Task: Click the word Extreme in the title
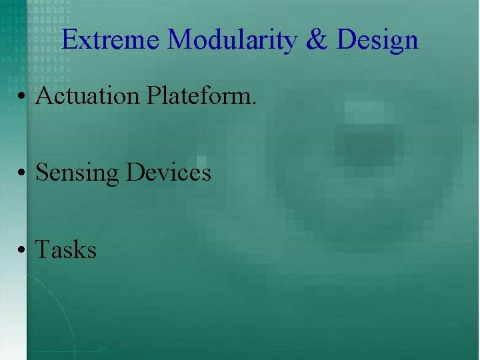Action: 111,40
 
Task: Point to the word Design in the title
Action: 377,41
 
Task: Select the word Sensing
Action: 77,173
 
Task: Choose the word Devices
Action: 169,173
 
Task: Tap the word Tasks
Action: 65,250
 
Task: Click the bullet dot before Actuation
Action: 23,98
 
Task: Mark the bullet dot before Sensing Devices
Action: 23,175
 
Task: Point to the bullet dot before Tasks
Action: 23,252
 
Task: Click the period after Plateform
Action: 253,103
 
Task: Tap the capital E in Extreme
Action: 69,40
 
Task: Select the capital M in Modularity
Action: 179,40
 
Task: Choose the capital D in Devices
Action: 135,173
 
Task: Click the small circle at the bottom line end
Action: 103,351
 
